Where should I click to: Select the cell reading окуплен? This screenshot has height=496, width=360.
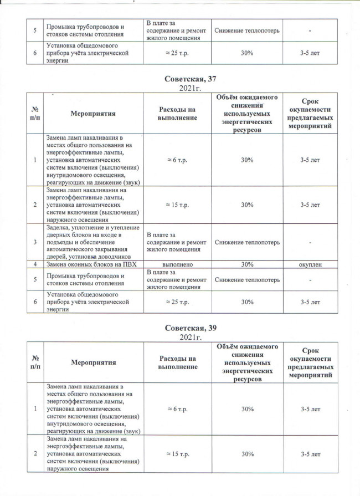(310, 264)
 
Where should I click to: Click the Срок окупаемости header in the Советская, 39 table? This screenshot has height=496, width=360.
(310, 362)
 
